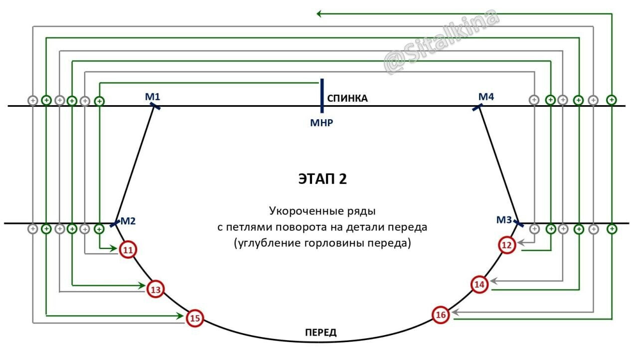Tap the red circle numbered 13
click(156, 289)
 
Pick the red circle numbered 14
click(479, 284)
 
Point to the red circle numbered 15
click(195, 318)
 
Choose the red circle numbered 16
click(441, 315)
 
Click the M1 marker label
click(152, 96)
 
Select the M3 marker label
click(504, 219)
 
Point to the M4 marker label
click(486, 96)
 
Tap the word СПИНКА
click(347, 98)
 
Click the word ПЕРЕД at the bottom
click(320, 333)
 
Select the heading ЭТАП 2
click(322, 180)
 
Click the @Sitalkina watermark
click(441, 42)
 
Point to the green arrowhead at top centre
click(319, 14)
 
